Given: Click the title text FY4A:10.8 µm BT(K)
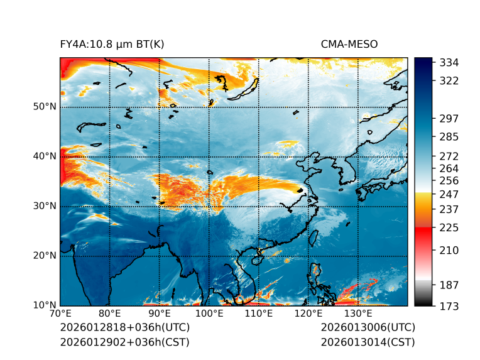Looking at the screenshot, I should pyautogui.click(x=112, y=44).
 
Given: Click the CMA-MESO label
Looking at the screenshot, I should pyautogui.click(x=349, y=44).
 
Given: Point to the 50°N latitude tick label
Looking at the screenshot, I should pyautogui.click(x=45, y=107).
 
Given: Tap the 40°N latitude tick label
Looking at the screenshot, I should pyautogui.click(x=45, y=156).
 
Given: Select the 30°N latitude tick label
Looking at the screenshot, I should pyautogui.click(x=45, y=206).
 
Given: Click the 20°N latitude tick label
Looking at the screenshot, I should pyautogui.click(x=45, y=256).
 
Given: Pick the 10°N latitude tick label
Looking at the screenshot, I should pyautogui.click(x=45, y=305).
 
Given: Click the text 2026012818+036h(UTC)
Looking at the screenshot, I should pyautogui.click(x=124, y=328).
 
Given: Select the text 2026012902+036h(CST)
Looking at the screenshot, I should pyautogui.click(x=124, y=342).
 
